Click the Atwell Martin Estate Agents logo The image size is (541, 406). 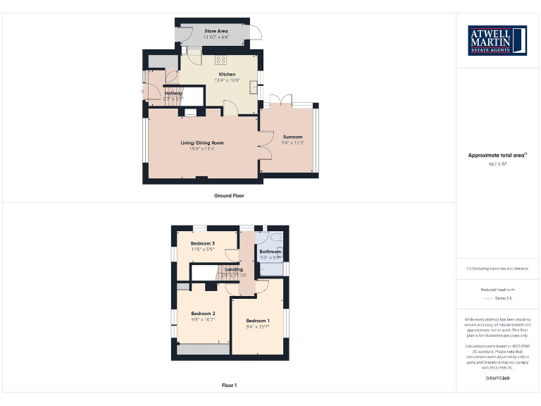[x=497, y=41]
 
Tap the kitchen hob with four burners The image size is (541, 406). [x=220, y=59]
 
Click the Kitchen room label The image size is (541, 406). [x=227, y=74]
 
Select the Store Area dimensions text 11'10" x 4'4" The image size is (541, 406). [x=216, y=37]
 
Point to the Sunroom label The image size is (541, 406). [x=292, y=137]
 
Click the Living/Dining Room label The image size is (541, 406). [x=201, y=142]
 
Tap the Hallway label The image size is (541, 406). [x=173, y=93]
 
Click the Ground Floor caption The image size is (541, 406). [x=229, y=195]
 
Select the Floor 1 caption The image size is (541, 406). [x=229, y=386]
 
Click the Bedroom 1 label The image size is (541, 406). [x=257, y=321]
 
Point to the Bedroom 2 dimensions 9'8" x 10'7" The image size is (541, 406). [x=203, y=319]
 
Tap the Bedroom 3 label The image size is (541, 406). [x=203, y=243]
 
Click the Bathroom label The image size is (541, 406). [x=270, y=252]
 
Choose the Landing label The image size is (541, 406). [x=234, y=269]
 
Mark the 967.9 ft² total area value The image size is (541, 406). [x=497, y=164]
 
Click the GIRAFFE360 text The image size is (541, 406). [x=497, y=379]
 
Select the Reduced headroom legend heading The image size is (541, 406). [x=497, y=290]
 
